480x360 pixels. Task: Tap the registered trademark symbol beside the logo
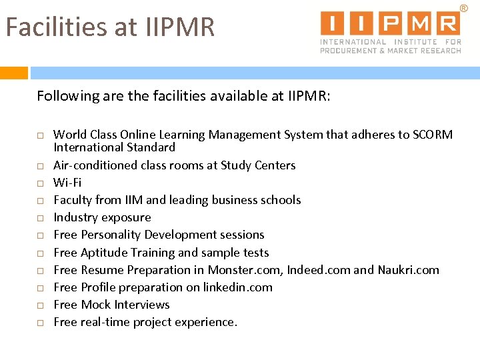463,8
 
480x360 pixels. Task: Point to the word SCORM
433,135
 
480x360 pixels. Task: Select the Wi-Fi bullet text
67,182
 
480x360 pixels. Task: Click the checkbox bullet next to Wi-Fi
40,183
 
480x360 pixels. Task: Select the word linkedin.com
241,287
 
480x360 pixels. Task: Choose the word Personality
111,235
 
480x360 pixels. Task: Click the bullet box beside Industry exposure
40,218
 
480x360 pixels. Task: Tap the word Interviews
142,305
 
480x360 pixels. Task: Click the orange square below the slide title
14,73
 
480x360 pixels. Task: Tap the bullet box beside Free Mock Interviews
40,305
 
